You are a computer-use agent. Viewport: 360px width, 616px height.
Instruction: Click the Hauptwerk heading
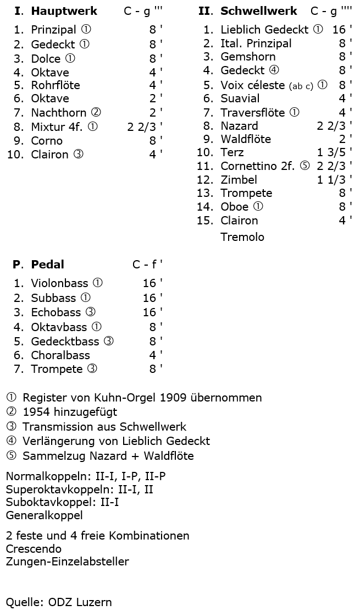pyautogui.click(x=64, y=11)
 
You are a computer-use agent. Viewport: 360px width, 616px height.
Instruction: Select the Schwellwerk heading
pyautogui.click(x=258, y=11)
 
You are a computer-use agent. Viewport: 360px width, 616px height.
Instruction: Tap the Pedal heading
pyautogui.click(x=47, y=265)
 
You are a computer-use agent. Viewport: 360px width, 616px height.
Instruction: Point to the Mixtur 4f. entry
pyautogui.click(x=57, y=127)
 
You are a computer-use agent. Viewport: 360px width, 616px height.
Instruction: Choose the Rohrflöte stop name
pyautogui.click(x=56, y=85)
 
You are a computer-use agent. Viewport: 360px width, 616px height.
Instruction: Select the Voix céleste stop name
pyautogui.click(x=253, y=85)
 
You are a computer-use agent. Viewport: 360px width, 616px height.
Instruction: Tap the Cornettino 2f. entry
pyautogui.click(x=258, y=166)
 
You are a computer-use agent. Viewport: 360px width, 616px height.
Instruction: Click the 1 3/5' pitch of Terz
pyautogui.click(x=334, y=152)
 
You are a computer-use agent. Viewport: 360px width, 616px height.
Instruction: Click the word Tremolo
pyautogui.click(x=242, y=237)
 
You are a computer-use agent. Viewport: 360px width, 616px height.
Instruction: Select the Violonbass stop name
pyautogui.click(x=59, y=284)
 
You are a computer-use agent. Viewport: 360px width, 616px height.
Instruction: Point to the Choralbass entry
pyautogui.click(x=60, y=355)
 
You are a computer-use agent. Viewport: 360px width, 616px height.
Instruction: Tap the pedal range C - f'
pyautogui.click(x=147, y=265)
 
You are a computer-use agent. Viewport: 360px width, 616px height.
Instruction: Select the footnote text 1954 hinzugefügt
pyautogui.click(x=70, y=412)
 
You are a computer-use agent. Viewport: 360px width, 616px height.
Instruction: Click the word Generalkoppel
pyautogui.click(x=44, y=515)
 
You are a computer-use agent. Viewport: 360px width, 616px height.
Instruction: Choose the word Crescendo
pyautogui.click(x=34, y=549)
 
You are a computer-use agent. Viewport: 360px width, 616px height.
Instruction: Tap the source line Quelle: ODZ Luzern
pyautogui.click(x=59, y=602)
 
